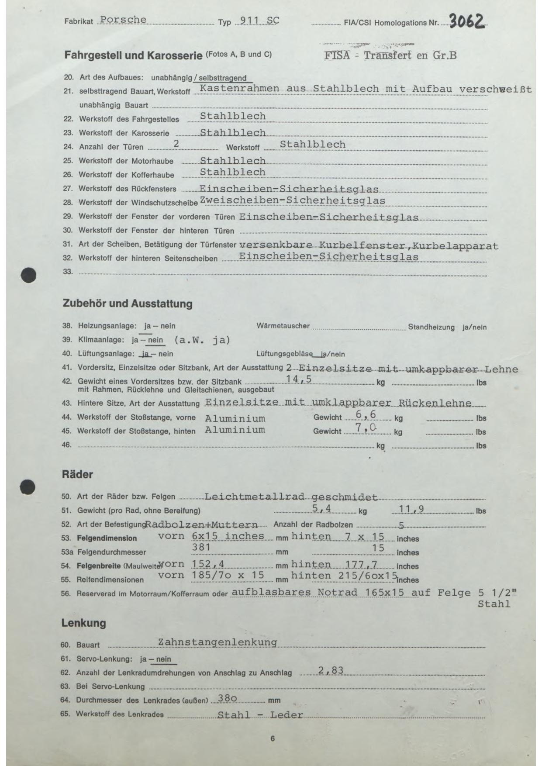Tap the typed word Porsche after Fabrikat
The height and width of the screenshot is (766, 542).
click(123, 20)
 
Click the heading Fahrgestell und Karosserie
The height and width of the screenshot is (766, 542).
click(133, 55)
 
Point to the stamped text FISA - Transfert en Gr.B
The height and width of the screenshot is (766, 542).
click(390, 55)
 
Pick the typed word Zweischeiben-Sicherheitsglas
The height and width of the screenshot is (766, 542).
click(293, 200)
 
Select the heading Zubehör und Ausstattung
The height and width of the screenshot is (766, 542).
click(128, 304)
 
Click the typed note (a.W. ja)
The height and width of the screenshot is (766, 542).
click(202, 340)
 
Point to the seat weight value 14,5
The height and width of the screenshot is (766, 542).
click(299, 379)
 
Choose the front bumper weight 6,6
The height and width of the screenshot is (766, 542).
click(366, 414)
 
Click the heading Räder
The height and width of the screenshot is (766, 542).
click(77, 474)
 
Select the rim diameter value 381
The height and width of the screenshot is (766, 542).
click(201, 547)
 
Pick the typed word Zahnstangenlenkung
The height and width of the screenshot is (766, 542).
click(217, 642)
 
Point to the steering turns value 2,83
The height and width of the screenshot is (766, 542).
click(331, 670)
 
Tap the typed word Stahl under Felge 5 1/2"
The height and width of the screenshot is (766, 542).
click(494, 604)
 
